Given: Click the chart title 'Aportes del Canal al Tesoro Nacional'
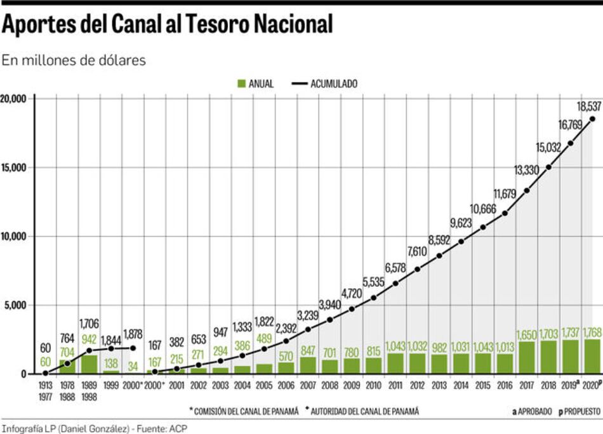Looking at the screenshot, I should [x=167, y=25].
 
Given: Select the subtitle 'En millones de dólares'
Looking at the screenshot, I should [x=74, y=60].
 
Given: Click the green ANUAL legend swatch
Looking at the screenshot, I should [x=241, y=84].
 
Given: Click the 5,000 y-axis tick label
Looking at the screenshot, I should [x=15, y=305].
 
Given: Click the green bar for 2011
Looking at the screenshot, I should [x=395, y=364].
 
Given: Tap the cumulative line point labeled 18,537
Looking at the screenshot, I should [x=592, y=119].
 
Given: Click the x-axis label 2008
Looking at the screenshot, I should [x=330, y=385].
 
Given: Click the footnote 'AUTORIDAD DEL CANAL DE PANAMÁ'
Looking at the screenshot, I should [x=365, y=411].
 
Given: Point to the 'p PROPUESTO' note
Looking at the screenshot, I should [x=579, y=411].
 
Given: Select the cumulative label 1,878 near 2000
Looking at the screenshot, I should [x=133, y=334].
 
